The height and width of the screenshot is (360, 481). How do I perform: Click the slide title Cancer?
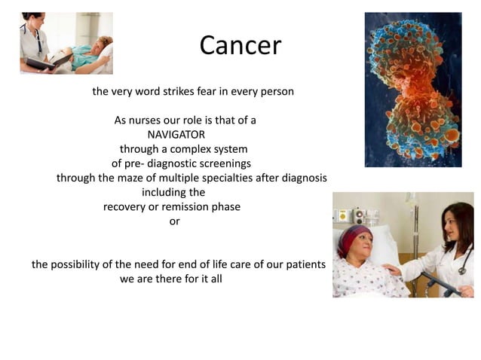pos(240,46)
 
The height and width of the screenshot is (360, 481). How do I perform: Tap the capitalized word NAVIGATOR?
pos(176,134)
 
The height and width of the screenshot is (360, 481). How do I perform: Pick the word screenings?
pos(222,163)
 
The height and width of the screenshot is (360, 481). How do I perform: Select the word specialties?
pos(242,178)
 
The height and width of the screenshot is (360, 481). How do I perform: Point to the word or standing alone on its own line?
pos(175,221)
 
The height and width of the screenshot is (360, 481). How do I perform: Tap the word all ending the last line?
pos(215,279)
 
